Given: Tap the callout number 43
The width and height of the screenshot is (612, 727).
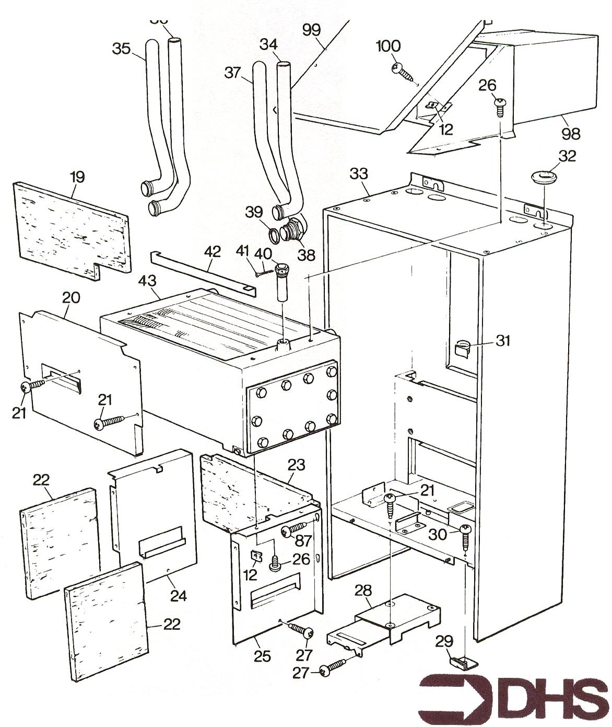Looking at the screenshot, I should tap(148, 281).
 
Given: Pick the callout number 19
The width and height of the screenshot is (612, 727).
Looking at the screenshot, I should tap(77, 176).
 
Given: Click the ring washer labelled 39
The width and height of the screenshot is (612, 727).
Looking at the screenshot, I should tap(272, 232).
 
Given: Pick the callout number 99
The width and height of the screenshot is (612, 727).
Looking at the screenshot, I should tap(312, 30).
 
